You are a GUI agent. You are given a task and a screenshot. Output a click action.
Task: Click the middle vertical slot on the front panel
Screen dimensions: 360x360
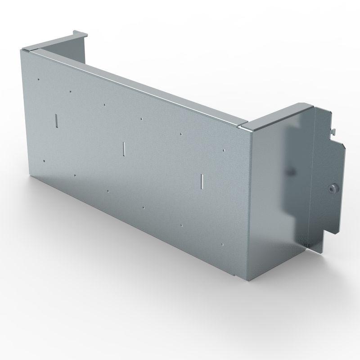123,148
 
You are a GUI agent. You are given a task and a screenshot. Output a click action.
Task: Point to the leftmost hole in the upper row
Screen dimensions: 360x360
39,80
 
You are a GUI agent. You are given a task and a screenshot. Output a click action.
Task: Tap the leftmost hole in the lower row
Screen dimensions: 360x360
44,160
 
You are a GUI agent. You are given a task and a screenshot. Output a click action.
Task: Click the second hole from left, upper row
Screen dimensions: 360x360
71,91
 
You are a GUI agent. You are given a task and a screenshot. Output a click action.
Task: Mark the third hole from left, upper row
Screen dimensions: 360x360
105,104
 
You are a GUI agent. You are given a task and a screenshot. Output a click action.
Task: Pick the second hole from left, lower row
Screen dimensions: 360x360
75,175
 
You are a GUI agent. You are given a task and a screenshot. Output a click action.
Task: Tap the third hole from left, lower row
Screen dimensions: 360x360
108,191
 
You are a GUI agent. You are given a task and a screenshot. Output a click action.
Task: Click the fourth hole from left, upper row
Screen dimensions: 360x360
142,119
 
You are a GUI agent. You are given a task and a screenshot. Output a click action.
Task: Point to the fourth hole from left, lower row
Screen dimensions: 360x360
143,207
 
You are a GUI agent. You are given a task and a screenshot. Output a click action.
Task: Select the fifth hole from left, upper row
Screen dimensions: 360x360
181,134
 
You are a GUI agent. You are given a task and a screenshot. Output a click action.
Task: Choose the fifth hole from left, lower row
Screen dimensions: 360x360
181,225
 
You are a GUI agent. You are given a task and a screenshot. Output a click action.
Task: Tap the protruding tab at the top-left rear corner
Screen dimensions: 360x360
78,33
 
